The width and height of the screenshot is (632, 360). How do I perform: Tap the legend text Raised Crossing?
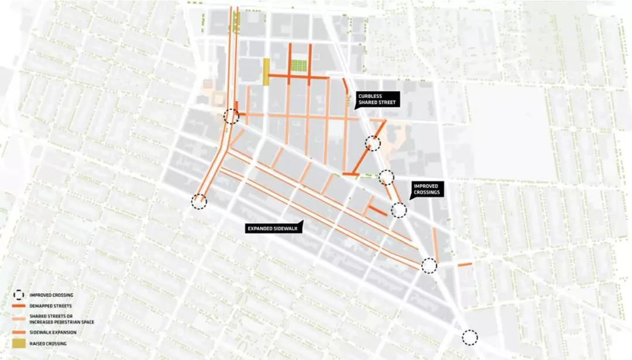[x=47, y=344]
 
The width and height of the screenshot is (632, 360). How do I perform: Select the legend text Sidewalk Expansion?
[x=51, y=332]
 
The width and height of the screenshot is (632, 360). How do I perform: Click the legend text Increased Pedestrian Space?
[x=61, y=322]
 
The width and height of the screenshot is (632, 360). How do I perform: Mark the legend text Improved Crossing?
[x=51, y=295]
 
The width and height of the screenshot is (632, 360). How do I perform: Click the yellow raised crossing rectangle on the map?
[x=266, y=72]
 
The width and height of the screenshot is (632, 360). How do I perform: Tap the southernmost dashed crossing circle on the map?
[x=469, y=337]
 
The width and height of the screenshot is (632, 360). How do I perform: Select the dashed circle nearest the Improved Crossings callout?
[x=399, y=210]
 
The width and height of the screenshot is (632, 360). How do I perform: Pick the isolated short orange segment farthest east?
[x=465, y=265]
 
